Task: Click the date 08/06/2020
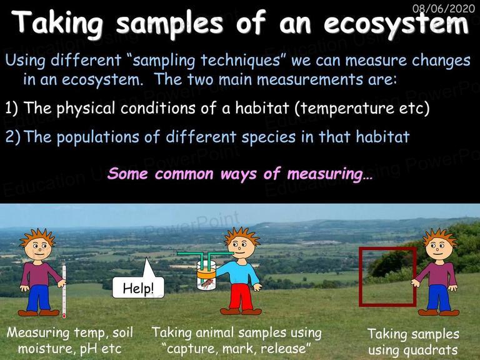click(x=444, y=8)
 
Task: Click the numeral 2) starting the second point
click(x=13, y=137)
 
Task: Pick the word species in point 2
click(x=269, y=137)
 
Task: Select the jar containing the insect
click(x=206, y=275)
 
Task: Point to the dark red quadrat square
click(x=361, y=277)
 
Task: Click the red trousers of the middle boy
click(x=242, y=296)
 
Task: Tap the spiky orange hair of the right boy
click(x=440, y=235)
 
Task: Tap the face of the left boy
click(x=38, y=248)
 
